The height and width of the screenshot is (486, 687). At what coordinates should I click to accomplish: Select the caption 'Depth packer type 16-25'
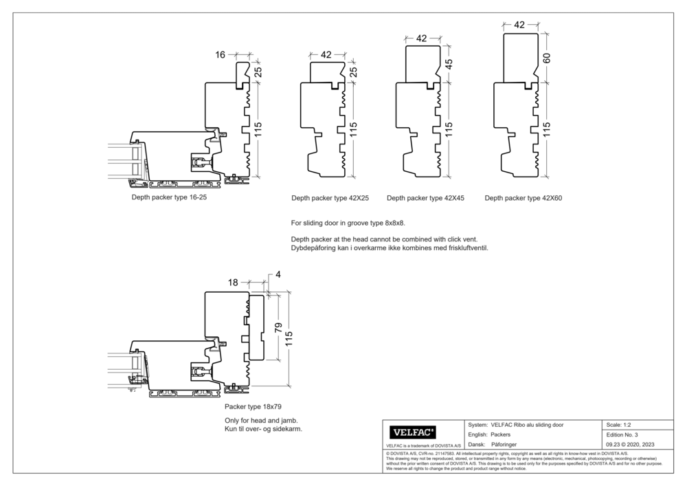coord(169,197)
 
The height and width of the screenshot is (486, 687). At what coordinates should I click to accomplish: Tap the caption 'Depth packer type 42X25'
coord(330,198)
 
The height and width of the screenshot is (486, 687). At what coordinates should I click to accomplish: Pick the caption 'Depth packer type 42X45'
coord(425,198)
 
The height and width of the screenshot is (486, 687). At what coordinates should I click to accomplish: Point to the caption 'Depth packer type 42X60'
coord(523,198)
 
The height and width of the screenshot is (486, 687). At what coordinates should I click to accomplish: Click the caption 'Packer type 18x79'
coord(253,407)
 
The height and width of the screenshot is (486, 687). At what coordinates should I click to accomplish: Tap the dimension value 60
coord(547,58)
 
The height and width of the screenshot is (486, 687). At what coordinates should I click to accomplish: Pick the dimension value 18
coord(232,283)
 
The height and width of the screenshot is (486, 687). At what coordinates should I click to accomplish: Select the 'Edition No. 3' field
coord(622,435)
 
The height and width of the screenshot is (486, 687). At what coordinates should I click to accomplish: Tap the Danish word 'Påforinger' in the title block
coord(509,445)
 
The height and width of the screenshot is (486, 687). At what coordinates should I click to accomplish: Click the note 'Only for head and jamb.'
coord(260,421)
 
